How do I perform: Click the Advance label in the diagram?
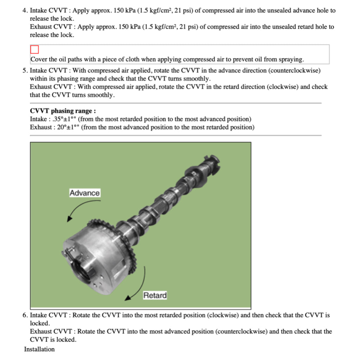click(84, 193)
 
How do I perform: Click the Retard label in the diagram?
click(155, 295)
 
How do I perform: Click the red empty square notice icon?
click(34, 50)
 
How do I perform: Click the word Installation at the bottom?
click(39, 349)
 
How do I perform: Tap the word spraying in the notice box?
click(291, 59)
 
